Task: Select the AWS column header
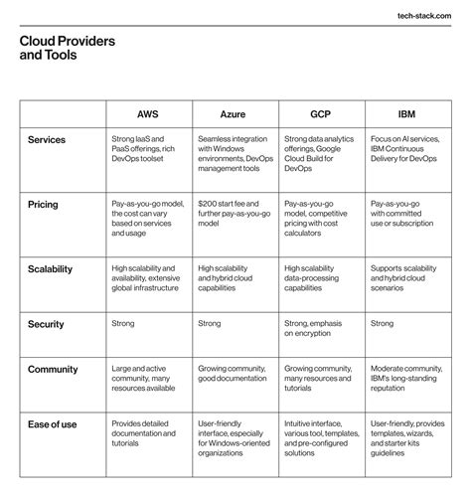point(148,113)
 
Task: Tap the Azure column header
point(235,113)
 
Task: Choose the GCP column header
point(320,113)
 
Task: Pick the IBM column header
point(405,113)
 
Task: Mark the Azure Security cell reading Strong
point(211,324)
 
